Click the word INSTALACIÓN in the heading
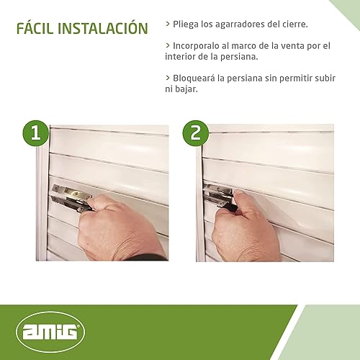coord(103,28)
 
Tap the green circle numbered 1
coord(36,133)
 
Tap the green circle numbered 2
coord(196,133)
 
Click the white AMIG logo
coord(50,332)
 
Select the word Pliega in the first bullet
coord(186,24)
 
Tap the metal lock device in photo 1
coord(71,197)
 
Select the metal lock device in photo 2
coord(219,197)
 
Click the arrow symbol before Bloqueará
coord(168,78)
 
